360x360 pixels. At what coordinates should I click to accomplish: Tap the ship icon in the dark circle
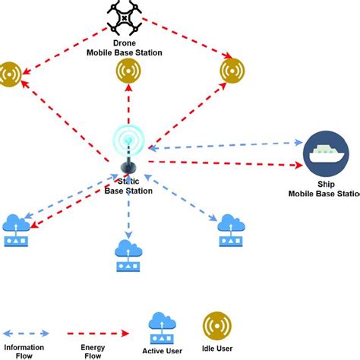325,154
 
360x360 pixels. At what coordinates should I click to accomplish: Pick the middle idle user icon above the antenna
128,71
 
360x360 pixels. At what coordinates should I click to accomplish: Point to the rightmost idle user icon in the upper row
232,71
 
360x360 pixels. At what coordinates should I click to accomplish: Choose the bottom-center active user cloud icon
128,255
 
